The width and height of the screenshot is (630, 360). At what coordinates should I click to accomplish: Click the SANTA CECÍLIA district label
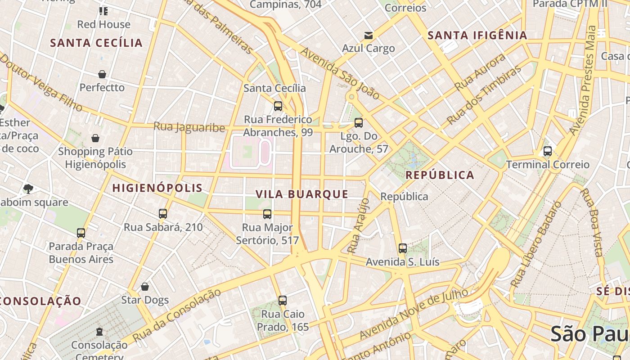tap(96, 43)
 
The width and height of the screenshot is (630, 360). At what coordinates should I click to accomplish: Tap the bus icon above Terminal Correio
tap(547, 151)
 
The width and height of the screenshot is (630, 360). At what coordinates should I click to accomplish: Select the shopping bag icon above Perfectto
tap(102, 74)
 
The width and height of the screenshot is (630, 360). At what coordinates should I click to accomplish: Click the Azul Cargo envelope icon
tap(369, 36)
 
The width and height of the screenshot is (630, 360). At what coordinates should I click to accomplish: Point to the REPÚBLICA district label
tap(440, 175)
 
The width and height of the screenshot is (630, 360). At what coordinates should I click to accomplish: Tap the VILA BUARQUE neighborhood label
tap(302, 194)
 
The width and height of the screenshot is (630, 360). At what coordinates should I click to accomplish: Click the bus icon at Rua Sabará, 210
tap(163, 214)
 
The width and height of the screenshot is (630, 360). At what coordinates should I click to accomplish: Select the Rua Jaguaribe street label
tap(189, 127)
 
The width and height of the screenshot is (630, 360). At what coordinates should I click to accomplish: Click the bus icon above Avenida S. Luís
tap(402, 248)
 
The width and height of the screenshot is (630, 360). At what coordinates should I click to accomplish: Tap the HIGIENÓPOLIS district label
tap(157, 188)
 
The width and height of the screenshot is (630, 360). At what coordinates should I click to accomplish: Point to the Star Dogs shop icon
tap(145, 287)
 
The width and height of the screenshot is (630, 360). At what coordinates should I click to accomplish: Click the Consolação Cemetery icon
tap(99, 332)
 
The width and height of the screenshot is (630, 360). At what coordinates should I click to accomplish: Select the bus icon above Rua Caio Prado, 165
tap(283, 301)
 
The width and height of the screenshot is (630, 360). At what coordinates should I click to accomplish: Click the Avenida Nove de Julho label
tap(414, 315)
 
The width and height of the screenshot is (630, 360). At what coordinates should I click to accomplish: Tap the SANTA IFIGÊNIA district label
tap(477, 36)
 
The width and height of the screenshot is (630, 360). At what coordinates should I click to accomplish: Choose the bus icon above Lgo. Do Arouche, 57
tap(359, 123)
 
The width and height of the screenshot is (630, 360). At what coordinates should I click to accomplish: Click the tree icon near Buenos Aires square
tap(28, 189)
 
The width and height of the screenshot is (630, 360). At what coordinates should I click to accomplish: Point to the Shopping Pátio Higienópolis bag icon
tap(95, 138)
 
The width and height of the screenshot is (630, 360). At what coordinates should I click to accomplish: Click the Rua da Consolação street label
tap(177, 315)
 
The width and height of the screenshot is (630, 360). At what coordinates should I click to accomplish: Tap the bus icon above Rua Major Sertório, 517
tap(267, 214)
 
